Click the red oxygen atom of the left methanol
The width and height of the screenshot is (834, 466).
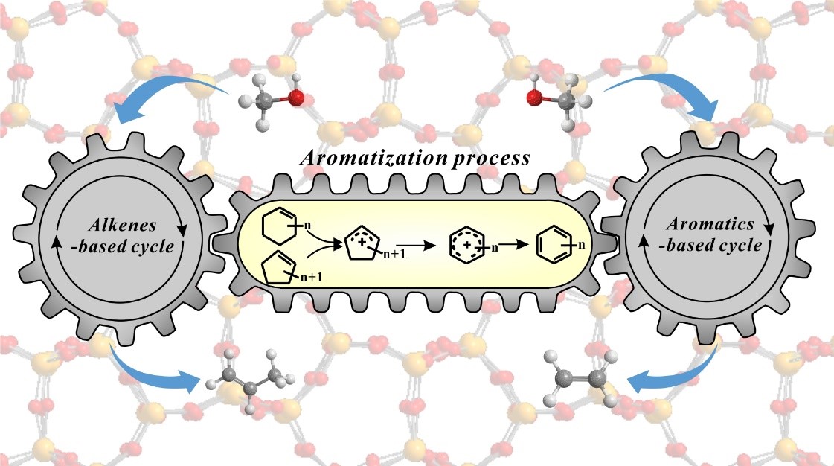click(296, 98)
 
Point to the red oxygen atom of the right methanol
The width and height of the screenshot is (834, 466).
click(534, 98)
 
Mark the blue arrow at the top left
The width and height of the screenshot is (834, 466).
click(171, 93)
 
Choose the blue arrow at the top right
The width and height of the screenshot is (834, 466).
click(662, 93)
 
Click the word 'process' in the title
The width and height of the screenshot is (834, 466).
click(495, 158)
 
